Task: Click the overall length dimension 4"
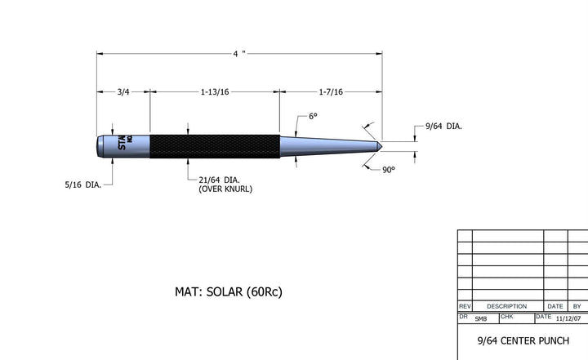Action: (x=238, y=54)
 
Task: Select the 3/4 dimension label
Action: (x=123, y=92)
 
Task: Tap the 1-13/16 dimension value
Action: (x=215, y=92)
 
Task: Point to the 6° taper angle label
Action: (x=312, y=117)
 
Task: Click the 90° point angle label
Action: (x=388, y=169)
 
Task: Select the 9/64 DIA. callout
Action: (x=443, y=127)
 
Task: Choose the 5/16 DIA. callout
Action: (x=82, y=184)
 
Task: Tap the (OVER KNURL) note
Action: (x=225, y=189)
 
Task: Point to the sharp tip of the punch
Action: (x=381, y=146)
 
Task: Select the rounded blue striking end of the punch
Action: (x=100, y=145)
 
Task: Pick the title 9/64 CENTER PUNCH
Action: (x=522, y=340)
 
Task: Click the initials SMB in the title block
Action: (x=480, y=318)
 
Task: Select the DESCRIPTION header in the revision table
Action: (x=506, y=306)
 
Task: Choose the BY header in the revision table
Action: (x=577, y=306)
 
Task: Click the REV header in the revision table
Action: (x=465, y=306)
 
